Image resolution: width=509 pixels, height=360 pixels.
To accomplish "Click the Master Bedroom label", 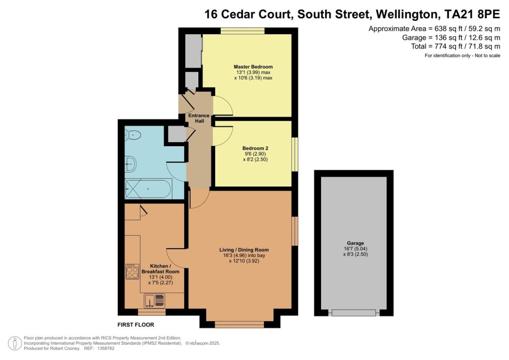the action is (x=253, y=67).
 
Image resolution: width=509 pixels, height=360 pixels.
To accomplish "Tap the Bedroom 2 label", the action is (x=255, y=148).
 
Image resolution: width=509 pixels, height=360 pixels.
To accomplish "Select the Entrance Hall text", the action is (x=199, y=118).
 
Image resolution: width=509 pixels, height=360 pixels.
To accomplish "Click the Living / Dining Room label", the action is (x=244, y=250).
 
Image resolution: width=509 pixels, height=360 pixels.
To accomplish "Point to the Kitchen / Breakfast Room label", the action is (x=161, y=269).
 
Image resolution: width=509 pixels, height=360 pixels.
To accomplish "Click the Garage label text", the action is (x=355, y=243).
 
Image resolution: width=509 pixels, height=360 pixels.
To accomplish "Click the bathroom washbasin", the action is (x=131, y=164).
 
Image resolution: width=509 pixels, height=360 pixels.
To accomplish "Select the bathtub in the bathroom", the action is (x=148, y=188).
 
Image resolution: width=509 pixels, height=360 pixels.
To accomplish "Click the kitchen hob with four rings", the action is (x=132, y=271).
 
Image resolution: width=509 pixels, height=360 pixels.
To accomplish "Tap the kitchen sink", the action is (x=154, y=300).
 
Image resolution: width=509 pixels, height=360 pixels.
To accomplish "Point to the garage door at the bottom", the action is (x=354, y=313).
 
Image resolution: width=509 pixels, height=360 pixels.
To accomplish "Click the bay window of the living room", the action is (x=240, y=324).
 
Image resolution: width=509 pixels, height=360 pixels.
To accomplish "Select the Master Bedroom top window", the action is (x=243, y=31).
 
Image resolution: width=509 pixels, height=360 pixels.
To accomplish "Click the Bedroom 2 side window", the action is (x=294, y=154).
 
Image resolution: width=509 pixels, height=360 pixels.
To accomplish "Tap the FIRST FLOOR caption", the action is (x=136, y=325).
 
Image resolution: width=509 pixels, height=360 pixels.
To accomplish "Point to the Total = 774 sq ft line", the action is (x=455, y=46).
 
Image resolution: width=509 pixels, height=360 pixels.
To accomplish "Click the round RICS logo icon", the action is (x=14, y=344).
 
